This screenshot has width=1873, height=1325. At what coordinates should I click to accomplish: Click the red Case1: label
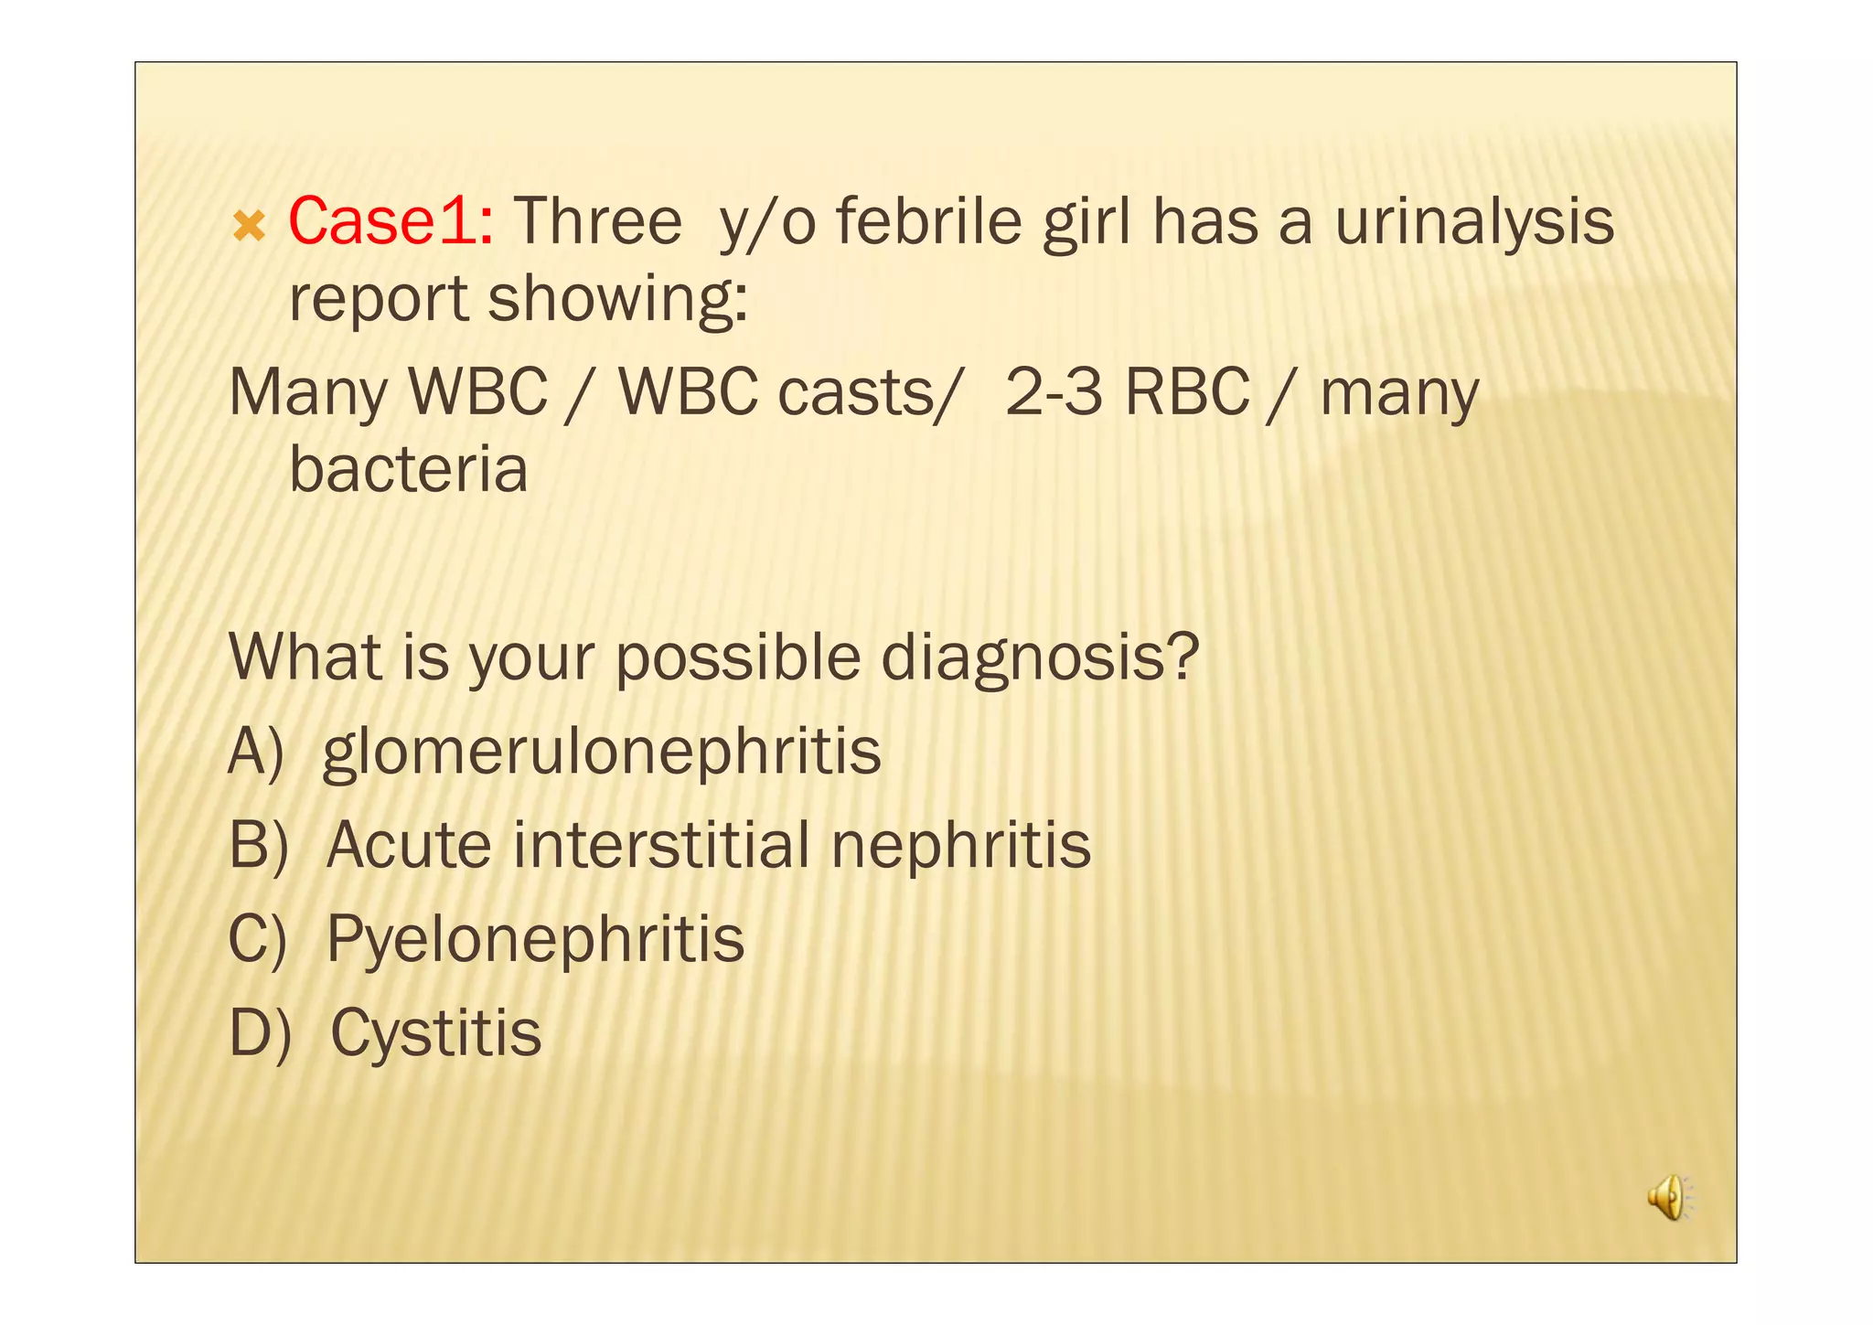click(391, 221)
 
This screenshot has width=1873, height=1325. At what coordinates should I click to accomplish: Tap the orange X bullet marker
click(249, 226)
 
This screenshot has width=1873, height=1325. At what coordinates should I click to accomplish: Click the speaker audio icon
click(1670, 1197)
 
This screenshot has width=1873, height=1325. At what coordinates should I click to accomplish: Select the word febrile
click(929, 221)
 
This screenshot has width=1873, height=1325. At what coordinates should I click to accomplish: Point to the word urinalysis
click(1474, 221)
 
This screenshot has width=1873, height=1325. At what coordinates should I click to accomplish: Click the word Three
click(598, 221)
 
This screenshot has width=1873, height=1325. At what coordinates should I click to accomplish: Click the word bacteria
click(408, 469)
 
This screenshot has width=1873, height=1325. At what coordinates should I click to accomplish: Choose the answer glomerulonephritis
click(602, 752)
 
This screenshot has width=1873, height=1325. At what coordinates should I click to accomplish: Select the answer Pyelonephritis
click(536, 939)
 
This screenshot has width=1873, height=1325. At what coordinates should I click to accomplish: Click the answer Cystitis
click(436, 1033)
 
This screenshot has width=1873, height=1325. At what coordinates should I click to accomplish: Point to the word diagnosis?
click(1040, 657)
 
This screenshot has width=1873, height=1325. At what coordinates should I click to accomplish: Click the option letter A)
click(256, 752)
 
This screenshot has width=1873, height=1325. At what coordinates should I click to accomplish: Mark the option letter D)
click(260, 1033)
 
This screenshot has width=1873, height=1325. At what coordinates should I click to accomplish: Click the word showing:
click(618, 299)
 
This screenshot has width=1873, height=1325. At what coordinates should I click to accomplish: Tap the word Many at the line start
click(309, 392)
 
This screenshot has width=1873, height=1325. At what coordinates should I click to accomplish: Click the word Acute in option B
click(409, 845)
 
